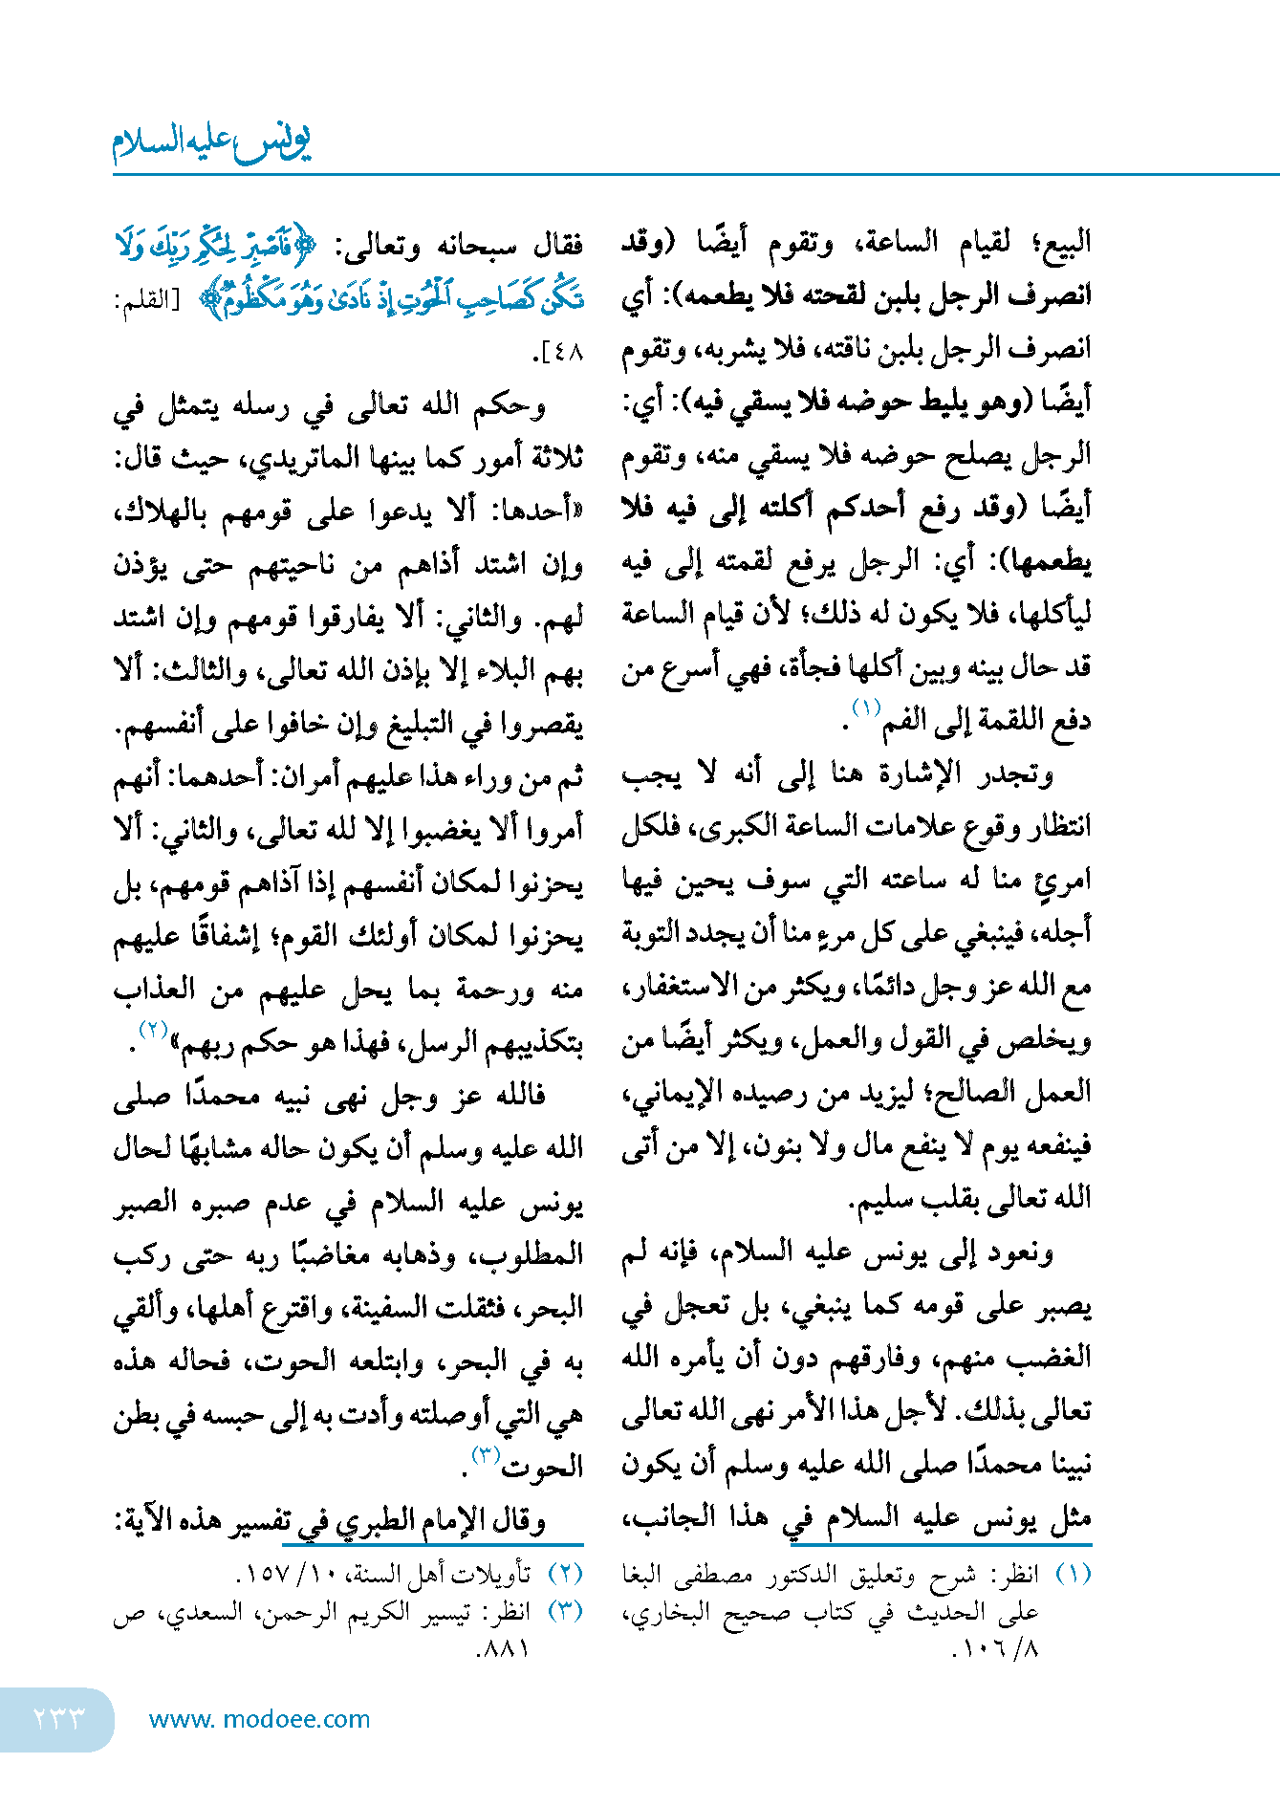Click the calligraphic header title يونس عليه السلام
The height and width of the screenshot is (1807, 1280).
[x=212, y=143]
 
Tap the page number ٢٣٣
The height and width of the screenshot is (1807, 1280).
[x=59, y=1718]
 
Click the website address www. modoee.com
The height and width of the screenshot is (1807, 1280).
[x=259, y=1719]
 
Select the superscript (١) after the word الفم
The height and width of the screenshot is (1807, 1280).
[x=866, y=708]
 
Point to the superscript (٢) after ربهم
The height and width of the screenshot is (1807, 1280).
[x=154, y=1030]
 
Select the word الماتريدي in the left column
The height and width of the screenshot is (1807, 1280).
[x=303, y=460]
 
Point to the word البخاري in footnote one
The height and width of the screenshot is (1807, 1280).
[x=659, y=1612]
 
